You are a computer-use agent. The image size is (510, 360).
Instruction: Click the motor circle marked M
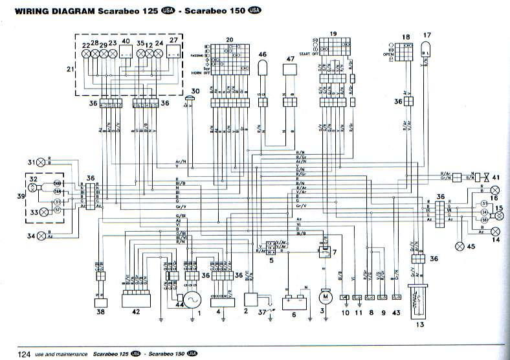pos(323,296)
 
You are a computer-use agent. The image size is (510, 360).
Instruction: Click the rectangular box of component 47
pos(289,76)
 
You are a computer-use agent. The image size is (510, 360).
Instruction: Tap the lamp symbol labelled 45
pos(460,246)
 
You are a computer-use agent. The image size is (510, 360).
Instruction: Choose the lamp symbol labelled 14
pos(495,231)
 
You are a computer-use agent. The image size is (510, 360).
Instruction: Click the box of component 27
pos(173,55)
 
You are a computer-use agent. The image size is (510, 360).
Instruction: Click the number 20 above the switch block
pos(228,39)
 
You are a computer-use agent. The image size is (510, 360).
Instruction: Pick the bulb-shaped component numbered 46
pos(262,68)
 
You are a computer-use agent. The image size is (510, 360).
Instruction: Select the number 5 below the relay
pos(272,260)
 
